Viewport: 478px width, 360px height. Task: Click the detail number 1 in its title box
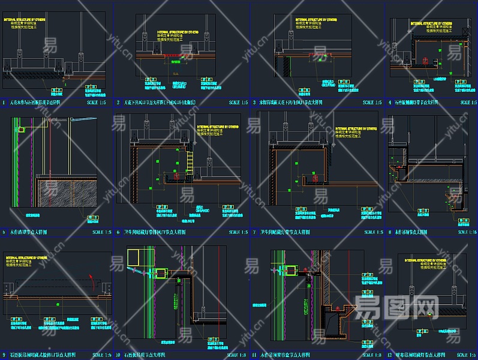(x=4, y=103)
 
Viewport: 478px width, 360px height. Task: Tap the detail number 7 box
(x=254, y=232)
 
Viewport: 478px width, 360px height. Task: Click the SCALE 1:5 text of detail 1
(x=95, y=103)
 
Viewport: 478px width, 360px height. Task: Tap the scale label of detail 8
(x=464, y=232)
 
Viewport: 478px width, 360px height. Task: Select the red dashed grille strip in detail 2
(x=173, y=57)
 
